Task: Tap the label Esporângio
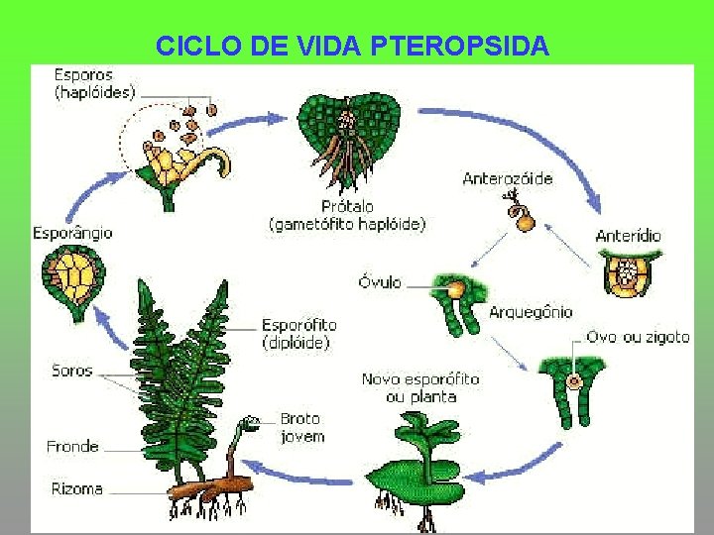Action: (72, 233)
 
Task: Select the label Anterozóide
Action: (508, 179)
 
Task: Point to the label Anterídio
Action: (628, 236)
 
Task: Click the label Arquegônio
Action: (531, 312)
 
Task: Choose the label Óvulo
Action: (380, 282)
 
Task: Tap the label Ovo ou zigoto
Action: (637, 337)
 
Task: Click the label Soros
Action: (71, 372)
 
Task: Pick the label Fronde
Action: (72, 447)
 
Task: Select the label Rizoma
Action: (76, 488)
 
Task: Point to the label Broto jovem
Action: (301, 427)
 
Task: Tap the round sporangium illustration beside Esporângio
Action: (69, 279)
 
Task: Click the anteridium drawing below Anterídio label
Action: (631, 271)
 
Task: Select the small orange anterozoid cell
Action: (525, 220)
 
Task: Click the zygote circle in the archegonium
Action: (572, 381)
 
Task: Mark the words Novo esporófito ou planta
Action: (419, 387)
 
